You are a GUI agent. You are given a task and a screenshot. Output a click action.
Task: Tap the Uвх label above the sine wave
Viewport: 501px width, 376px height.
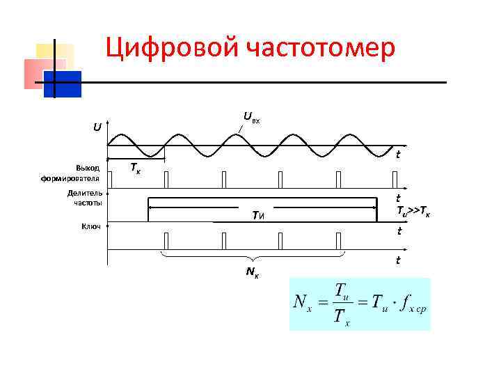click(x=251, y=118)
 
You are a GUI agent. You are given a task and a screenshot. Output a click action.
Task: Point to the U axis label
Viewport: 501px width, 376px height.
click(x=97, y=127)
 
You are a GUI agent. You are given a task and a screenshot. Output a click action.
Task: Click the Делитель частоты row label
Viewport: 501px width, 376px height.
click(x=84, y=198)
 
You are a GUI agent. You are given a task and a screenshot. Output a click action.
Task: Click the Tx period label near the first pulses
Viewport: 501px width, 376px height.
click(x=136, y=169)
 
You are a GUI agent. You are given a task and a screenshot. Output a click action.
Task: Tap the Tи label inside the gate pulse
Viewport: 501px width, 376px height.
click(x=259, y=216)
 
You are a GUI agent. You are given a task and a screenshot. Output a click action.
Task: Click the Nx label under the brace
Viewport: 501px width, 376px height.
click(x=253, y=271)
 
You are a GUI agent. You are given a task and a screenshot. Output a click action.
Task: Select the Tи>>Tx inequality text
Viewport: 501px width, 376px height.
click(x=413, y=211)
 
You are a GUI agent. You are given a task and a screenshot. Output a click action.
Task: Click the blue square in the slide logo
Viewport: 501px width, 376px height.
click(x=63, y=84)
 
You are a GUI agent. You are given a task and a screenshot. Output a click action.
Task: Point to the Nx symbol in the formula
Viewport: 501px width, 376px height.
click(x=303, y=303)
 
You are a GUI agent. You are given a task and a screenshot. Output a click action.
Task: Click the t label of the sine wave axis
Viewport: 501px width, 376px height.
click(x=397, y=155)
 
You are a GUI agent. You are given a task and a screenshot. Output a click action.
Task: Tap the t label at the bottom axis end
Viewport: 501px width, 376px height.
click(x=397, y=260)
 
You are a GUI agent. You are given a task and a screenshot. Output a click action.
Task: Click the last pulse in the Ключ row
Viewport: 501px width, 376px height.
click(x=338, y=241)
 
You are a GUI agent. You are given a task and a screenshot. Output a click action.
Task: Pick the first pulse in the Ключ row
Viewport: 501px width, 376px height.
click(x=166, y=241)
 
